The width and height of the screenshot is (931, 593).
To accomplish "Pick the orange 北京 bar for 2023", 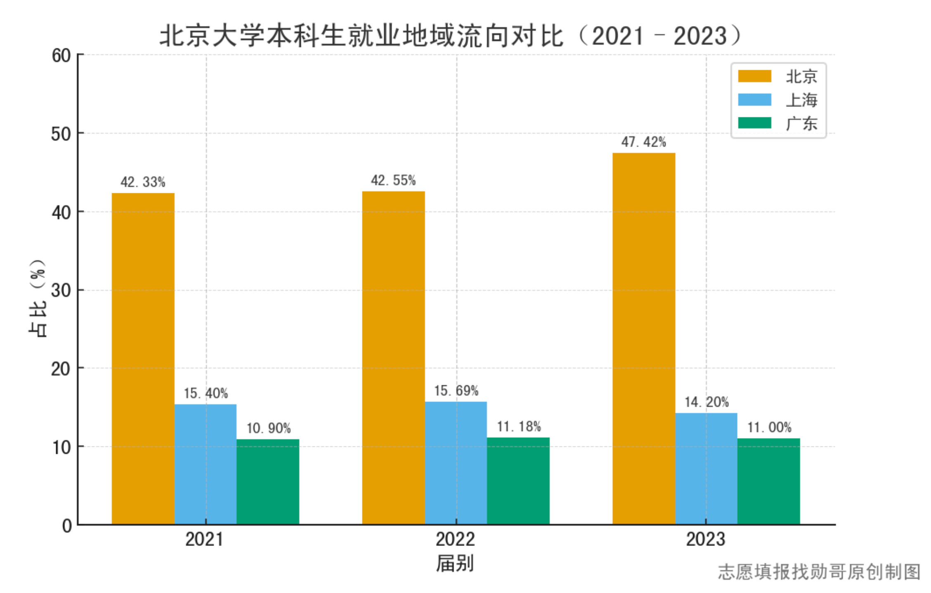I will click(643, 339).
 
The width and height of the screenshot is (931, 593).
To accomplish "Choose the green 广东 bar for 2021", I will click(268, 482).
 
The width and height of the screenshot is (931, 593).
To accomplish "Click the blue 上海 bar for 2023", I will click(706, 468).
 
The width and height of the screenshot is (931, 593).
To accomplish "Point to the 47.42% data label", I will click(643, 142).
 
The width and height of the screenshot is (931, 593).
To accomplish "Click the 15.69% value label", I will click(456, 391).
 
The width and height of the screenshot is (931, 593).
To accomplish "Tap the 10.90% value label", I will click(268, 428).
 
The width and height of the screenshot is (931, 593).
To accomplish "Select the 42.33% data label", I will click(143, 182).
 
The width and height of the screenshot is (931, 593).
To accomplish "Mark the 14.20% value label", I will click(706, 402).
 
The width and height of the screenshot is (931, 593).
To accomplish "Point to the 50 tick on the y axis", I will click(61, 134).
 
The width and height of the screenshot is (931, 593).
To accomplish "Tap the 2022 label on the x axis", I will click(455, 539).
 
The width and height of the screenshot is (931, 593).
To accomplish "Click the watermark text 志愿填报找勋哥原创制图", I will click(819, 572).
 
